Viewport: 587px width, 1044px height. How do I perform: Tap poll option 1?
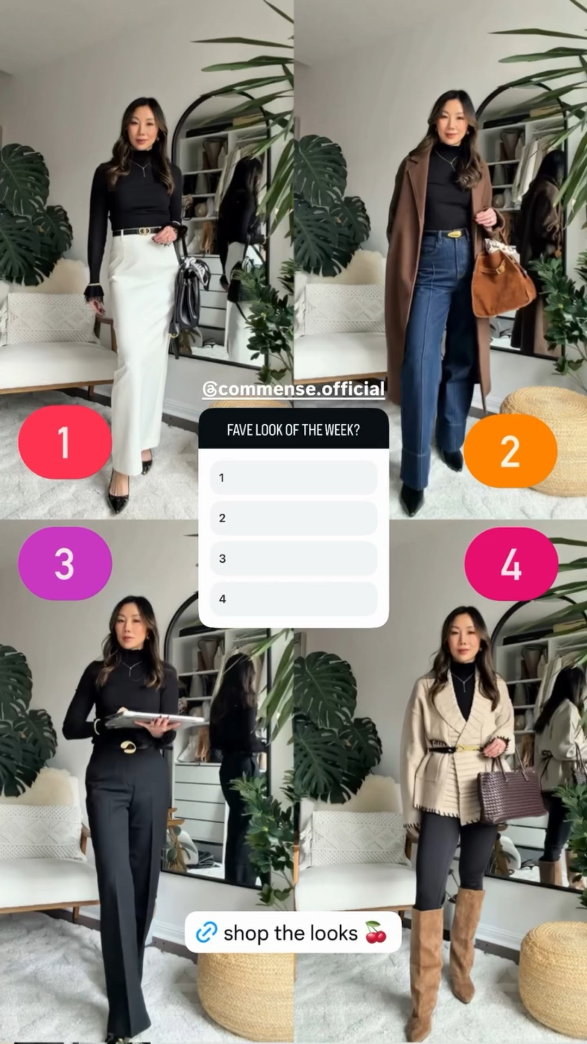pos(293,477)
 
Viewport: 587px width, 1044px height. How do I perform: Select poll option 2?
pos(293,518)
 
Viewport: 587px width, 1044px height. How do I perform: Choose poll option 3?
pos(293,558)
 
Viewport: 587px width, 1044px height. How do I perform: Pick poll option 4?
pos(293,599)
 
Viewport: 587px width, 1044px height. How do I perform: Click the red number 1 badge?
pos(64,442)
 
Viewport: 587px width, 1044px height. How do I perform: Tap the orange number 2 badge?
pos(510,451)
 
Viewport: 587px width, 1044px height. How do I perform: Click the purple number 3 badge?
pos(65,563)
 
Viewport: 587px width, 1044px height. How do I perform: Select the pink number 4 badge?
pos(511,563)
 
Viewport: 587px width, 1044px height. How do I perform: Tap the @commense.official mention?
pos(293,389)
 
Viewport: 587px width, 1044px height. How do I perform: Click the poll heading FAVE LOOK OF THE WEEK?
pos(293,430)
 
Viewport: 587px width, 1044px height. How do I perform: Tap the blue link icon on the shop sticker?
pos(207,933)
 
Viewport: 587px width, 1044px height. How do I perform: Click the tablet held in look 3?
pos(155,719)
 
